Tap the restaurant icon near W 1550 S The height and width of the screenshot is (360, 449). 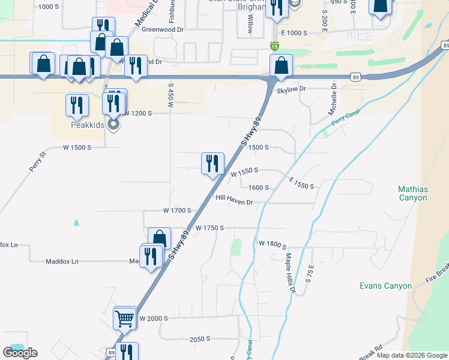point(212,163)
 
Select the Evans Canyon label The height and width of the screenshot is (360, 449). point(385,286)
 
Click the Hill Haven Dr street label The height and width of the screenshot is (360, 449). point(235,202)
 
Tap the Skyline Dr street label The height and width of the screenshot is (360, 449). point(291,89)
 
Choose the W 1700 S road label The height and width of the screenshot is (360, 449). point(176,211)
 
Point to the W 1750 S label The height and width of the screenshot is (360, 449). point(209,228)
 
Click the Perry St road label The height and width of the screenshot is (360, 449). point(38,162)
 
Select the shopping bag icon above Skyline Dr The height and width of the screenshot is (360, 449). point(281,65)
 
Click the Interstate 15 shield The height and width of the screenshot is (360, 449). point(274,46)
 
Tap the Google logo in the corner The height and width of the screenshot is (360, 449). point(20,353)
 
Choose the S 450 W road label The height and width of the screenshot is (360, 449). point(170,97)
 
